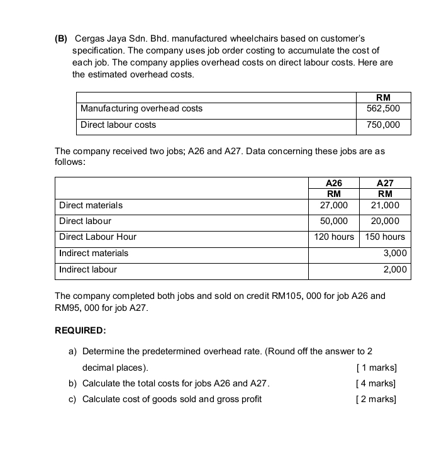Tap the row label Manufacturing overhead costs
tap(142, 109)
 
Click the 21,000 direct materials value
tap(385, 205)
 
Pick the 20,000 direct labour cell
tap(385, 221)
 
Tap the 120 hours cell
tap(334, 237)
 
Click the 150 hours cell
tap(385, 237)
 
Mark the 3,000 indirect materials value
tap(396, 254)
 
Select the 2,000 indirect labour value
tap(396, 270)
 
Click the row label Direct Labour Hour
tap(97, 237)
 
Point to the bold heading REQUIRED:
tap(81, 330)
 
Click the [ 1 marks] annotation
tap(376, 367)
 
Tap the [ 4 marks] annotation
tap(376, 383)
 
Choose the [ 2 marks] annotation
tap(376, 399)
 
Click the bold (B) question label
tap(61, 39)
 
